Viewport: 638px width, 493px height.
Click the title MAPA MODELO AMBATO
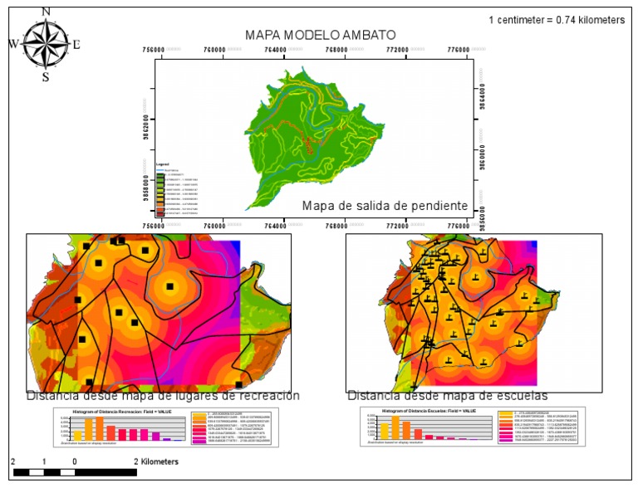point(320,35)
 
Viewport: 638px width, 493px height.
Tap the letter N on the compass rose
point(46,11)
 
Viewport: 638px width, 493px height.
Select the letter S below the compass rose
point(46,77)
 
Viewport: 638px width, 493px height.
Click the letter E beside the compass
point(76,45)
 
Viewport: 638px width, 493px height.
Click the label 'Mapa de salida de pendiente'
point(385,206)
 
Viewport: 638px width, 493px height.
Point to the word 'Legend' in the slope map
point(163,165)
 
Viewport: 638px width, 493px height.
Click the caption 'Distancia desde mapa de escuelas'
point(447,396)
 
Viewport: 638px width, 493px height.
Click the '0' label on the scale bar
point(75,461)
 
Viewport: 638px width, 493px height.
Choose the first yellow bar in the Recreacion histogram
point(77,434)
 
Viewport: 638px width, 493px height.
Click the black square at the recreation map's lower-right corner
point(239,384)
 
